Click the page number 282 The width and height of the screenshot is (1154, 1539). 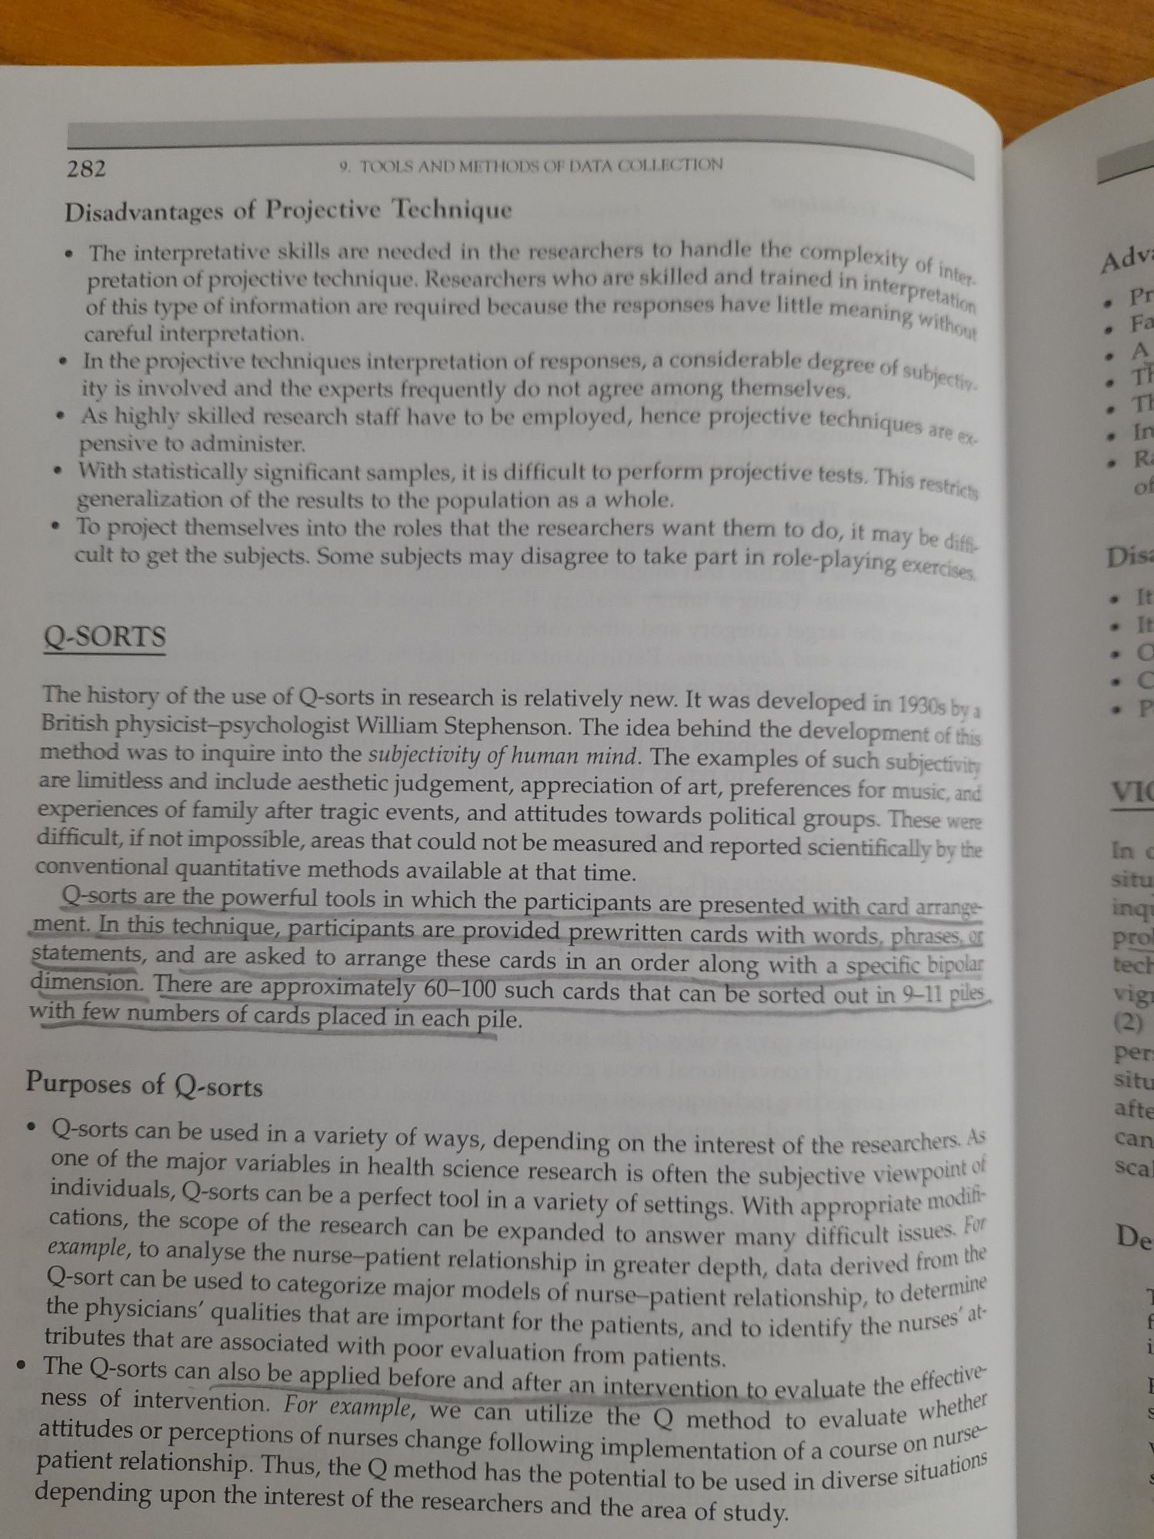86,168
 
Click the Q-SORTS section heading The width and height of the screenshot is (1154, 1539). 105,637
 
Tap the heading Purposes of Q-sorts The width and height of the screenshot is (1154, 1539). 144,1085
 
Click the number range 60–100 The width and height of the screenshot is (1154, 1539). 459,990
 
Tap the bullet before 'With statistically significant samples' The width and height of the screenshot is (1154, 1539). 58,472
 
